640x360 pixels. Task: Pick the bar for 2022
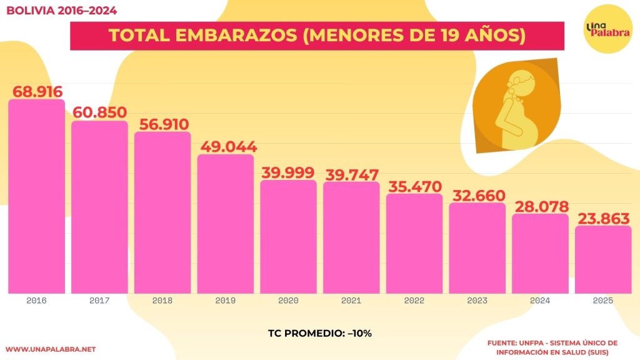(x=414, y=243)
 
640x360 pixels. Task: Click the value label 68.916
(x=37, y=91)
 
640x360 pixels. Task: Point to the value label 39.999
(x=288, y=173)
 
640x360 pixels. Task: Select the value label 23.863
(x=603, y=219)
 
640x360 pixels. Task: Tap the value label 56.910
(x=162, y=124)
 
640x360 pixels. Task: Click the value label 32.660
(x=477, y=195)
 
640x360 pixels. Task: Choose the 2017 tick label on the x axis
(x=99, y=301)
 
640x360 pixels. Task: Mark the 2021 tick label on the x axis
(x=351, y=301)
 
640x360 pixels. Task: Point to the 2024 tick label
(x=540, y=301)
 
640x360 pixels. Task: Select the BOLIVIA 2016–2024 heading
(x=61, y=11)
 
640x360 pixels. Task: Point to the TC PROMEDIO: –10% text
(x=319, y=333)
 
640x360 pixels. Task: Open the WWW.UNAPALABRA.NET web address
(x=50, y=349)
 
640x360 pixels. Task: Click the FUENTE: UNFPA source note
(x=552, y=347)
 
